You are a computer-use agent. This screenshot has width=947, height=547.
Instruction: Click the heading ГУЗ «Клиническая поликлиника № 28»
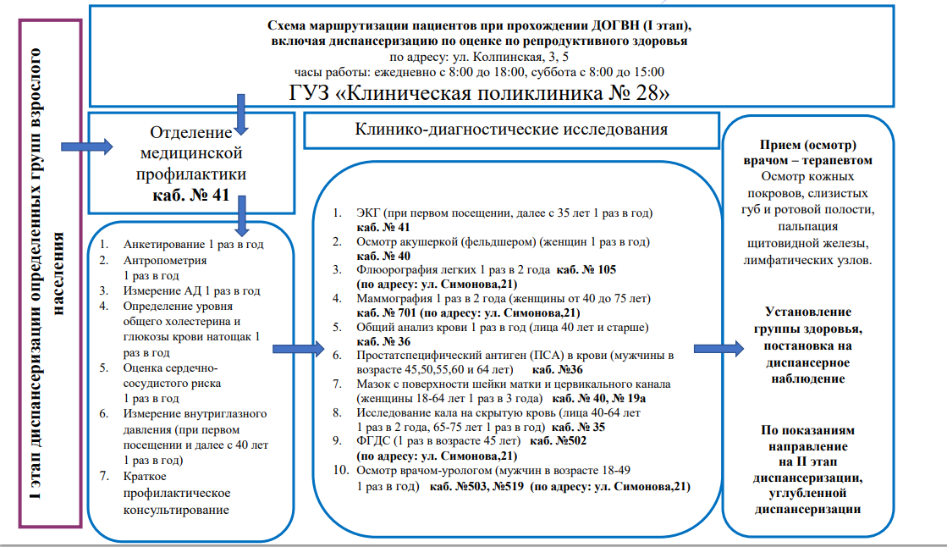point(479,92)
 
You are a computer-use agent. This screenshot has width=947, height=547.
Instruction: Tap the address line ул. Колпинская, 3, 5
point(479,58)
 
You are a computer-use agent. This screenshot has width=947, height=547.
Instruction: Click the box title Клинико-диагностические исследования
point(510,130)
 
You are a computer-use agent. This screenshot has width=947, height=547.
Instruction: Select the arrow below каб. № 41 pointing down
point(243,215)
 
